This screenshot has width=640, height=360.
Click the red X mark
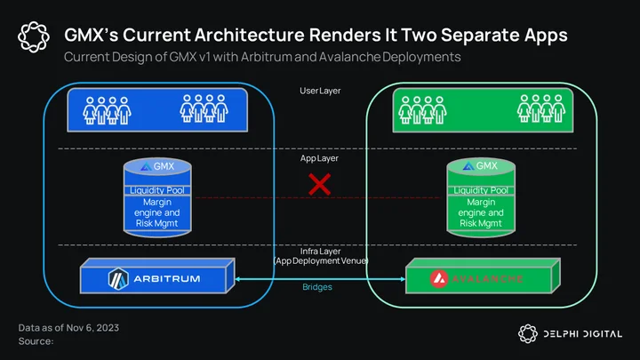pos(320,185)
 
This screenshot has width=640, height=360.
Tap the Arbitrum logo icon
pos(118,279)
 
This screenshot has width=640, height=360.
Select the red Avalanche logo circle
pos(439,279)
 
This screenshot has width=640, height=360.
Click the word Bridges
pos(317,287)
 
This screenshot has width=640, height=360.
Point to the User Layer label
pos(320,91)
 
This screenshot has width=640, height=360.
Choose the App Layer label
pos(319,158)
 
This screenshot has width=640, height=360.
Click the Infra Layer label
pos(320,252)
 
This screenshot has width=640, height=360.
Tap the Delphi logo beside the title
pos(34,37)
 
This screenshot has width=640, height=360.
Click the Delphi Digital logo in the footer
pos(570,334)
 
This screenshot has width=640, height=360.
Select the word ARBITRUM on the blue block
pos(167,279)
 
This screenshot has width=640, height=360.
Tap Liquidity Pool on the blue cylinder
pos(157,190)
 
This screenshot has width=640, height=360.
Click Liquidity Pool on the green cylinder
pos(481,190)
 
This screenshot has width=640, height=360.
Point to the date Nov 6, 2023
pos(92,328)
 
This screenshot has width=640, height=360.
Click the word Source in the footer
pos(35,341)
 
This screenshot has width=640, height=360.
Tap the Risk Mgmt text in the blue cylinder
pos(156,223)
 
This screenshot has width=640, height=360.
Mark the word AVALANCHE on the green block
pos(487,279)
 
